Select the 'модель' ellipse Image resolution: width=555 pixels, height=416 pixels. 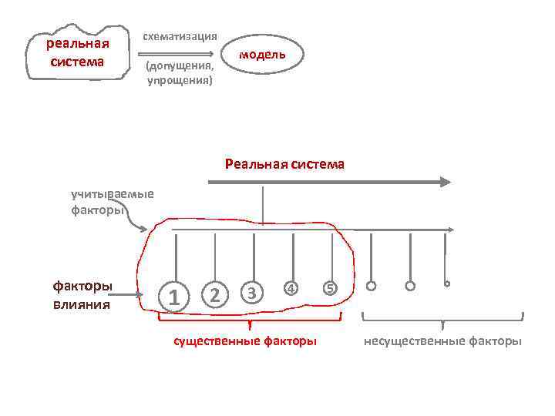coord(262,54)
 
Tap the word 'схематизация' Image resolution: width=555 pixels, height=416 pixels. coord(180,36)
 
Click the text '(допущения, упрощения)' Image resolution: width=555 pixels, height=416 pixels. coord(180,73)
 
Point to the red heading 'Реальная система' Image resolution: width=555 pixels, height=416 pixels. coord(284,164)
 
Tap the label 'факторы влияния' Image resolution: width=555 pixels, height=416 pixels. coord(82,295)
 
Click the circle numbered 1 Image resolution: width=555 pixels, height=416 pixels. coord(177,295)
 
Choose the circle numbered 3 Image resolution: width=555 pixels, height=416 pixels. coord(253,293)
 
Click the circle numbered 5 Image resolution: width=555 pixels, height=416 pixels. coord(329,289)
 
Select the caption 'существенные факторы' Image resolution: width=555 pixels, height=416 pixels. coord(244,341)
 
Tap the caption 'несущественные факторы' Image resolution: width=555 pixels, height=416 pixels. coord(442,341)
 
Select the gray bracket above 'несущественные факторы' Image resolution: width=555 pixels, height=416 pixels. coord(442,317)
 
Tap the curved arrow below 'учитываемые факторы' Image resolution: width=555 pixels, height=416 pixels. coord(139,223)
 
